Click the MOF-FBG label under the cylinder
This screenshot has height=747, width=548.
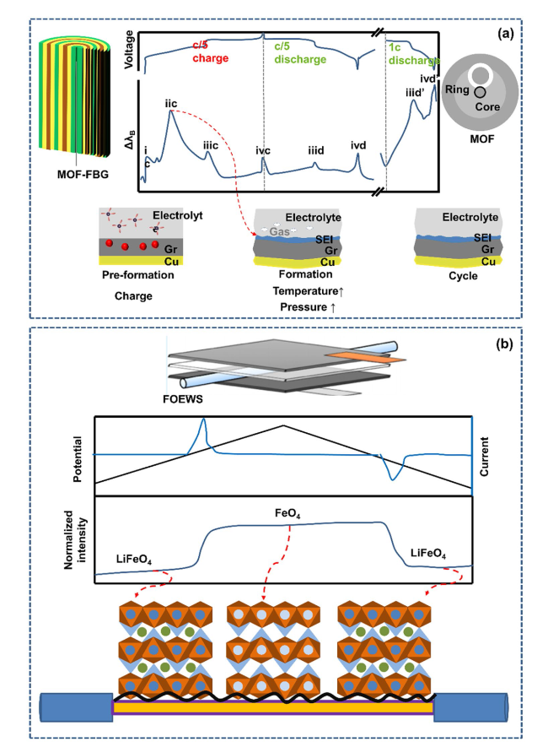[x=83, y=175]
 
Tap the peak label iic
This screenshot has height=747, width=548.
[x=171, y=103]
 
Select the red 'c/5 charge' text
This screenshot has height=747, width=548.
[x=210, y=52]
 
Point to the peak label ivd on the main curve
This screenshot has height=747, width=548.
[x=358, y=145]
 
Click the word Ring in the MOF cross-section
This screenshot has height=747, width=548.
[x=457, y=89]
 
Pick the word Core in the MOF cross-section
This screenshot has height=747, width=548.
[x=487, y=106]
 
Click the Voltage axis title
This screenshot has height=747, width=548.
[x=128, y=50]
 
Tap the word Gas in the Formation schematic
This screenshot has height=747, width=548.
[x=279, y=231]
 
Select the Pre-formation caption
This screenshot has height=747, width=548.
[x=138, y=275]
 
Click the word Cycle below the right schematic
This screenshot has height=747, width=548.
[x=463, y=276]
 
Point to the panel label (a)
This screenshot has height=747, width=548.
[x=506, y=34]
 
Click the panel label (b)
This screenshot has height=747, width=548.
[x=505, y=344]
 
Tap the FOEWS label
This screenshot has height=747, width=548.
[x=183, y=399]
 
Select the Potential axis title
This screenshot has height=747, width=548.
[x=78, y=459]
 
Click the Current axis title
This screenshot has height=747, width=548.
[x=484, y=457]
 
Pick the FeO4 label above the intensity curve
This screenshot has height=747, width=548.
[x=287, y=513]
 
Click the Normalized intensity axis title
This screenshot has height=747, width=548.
[x=75, y=539]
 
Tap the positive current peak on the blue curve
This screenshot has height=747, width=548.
[x=203, y=419]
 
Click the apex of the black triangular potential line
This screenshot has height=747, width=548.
[x=283, y=425]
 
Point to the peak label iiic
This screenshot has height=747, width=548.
[x=210, y=145]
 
